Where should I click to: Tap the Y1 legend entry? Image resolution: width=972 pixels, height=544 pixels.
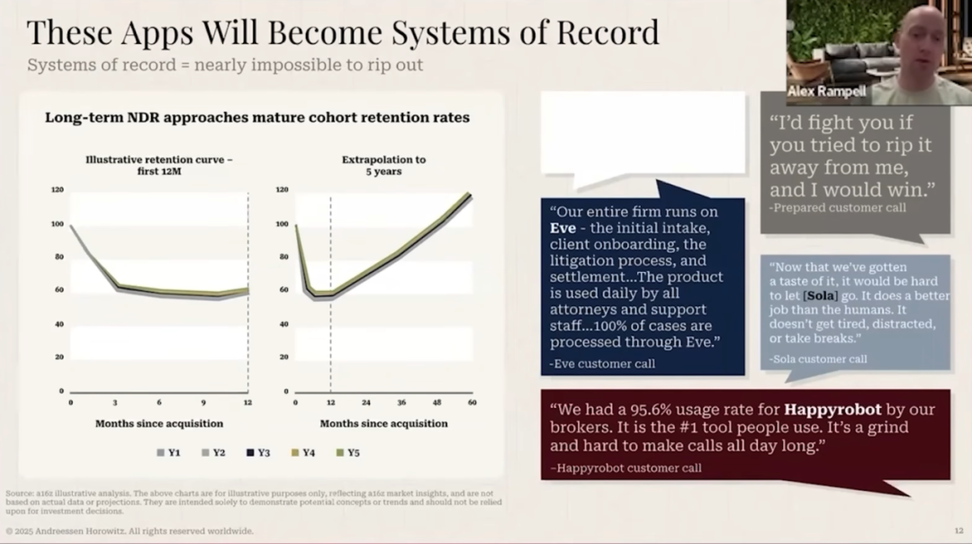click(168, 452)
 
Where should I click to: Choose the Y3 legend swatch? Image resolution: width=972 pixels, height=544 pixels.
click(249, 452)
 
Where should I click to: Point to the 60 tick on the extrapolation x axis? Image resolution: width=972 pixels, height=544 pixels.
click(472, 402)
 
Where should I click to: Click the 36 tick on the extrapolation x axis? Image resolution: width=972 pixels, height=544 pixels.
click(401, 402)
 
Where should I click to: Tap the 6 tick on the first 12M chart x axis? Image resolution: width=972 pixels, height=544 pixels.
click(159, 402)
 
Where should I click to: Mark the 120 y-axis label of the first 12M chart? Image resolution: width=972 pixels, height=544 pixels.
click(58, 190)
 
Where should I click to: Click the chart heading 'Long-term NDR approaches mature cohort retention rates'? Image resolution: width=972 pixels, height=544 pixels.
click(256, 117)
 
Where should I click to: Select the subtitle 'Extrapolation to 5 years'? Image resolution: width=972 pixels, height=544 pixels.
click(383, 165)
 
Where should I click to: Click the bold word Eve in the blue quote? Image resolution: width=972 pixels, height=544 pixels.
click(563, 228)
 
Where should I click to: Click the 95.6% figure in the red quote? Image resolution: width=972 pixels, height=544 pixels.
click(656, 409)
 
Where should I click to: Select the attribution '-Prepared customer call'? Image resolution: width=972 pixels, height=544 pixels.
click(837, 208)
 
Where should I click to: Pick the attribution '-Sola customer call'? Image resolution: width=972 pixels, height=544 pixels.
click(818, 358)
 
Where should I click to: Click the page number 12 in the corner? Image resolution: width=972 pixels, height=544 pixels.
click(958, 530)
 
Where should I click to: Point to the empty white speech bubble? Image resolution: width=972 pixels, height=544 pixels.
click(643, 132)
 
